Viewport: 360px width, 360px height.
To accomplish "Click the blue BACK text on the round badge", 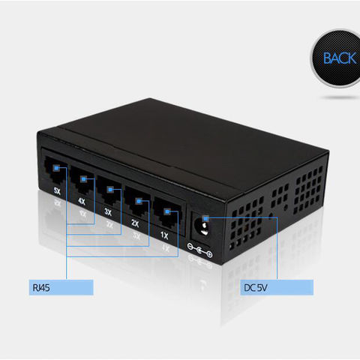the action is pyautogui.click(x=340, y=58).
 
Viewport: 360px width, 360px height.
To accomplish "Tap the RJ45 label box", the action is pyautogui.click(x=61, y=287).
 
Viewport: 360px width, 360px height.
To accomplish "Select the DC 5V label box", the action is pyautogui.click(x=277, y=287).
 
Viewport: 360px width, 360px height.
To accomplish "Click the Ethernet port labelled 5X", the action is pyautogui.click(x=55, y=170).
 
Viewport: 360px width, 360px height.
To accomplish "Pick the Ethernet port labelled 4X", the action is pyautogui.click(x=82, y=181).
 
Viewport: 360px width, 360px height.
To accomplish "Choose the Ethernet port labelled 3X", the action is pyautogui.click(x=109, y=192).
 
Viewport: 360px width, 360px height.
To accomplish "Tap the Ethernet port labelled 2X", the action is pyautogui.click(x=137, y=203).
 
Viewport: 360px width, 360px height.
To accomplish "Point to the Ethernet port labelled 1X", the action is pyautogui.click(x=166, y=215).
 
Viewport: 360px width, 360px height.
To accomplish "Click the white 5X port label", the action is pyautogui.click(x=57, y=191).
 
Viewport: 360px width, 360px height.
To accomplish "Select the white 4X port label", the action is pyautogui.click(x=82, y=201).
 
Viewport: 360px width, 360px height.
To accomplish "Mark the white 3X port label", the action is pyautogui.click(x=108, y=212).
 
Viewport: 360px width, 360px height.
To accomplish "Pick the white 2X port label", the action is pyautogui.click(x=135, y=223).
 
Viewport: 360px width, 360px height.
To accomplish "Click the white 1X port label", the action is pyautogui.click(x=164, y=235).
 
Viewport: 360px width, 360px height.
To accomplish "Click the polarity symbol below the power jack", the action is pyautogui.click(x=199, y=250).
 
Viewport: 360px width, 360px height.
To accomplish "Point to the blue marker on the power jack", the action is pyautogui.click(x=205, y=219).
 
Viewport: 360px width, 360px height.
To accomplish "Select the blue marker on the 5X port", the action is pyautogui.click(x=56, y=168).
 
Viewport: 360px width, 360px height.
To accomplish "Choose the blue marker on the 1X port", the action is pyautogui.click(x=167, y=212).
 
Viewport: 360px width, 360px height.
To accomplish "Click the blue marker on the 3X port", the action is pyautogui.click(x=110, y=190).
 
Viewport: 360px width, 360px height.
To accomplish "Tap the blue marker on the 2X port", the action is pyautogui.click(x=139, y=201).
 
